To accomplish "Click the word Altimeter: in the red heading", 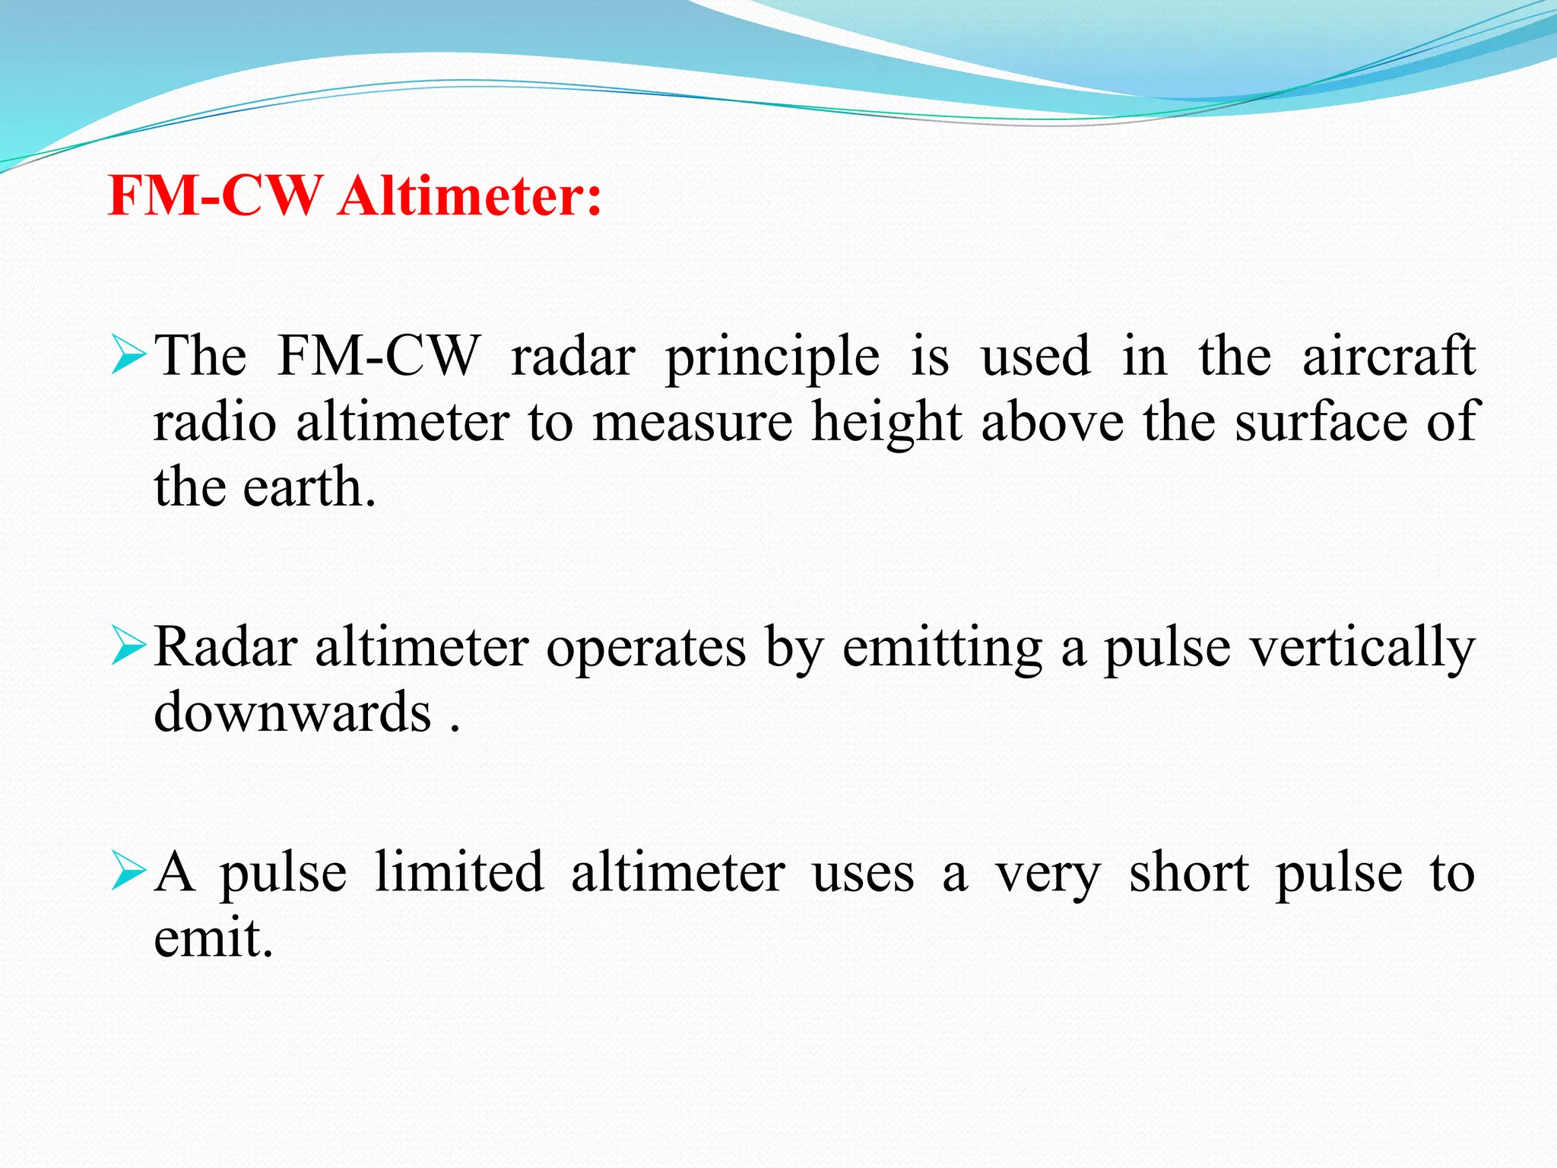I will (470, 196).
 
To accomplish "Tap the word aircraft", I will (1388, 355).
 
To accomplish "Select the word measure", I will (693, 423).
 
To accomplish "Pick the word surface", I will (1320, 421).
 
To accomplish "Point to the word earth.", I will (309, 487).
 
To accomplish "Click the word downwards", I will (293, 713).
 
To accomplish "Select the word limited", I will (459, 872).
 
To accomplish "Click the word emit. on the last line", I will (213, 938).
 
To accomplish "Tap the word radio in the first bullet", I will (215, 421).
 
